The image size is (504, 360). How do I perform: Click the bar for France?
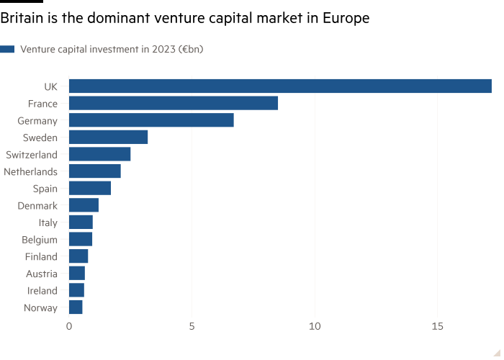pyautogui.click(x=174, y=103)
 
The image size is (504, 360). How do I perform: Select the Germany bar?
pyautogui.click(x=151, y=120)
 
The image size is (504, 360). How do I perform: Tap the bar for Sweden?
pyautogui.click(x=109, y=137)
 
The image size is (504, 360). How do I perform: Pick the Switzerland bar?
pyautogui.click(x=100, y=154)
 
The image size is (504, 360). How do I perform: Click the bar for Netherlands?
pyautogui.click(x=95, y=171)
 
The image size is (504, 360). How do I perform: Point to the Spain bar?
pyautogui.click(x=91, y=188)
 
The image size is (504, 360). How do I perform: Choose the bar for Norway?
pyautogui.click(x=76, y=307)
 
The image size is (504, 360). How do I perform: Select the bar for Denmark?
pyautogui.click(x=84, y=205)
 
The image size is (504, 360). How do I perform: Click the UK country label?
pyautogui.click(x=50, y=86)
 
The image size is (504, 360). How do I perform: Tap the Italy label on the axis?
pyautogui.click(x=48, y=222)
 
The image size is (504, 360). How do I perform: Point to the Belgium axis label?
pyautogui.click(x=40, y=240)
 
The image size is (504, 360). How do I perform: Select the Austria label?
pyautogui.click(x=42, y=274)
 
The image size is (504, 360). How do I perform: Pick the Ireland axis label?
pyautogui.click(x=42, y=291)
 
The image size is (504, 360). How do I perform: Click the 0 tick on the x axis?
pyautogui.click(x=69, y=326)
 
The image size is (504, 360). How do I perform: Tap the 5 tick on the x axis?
pyautogui.click(x=192, y=326)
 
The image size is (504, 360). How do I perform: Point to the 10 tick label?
pyautogui.click(x=315, y=326)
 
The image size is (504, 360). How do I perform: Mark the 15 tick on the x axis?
pyautogui.click(x=437, y=326)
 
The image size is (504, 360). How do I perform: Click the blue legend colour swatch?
pyautogui.click(x=7, y=49)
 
